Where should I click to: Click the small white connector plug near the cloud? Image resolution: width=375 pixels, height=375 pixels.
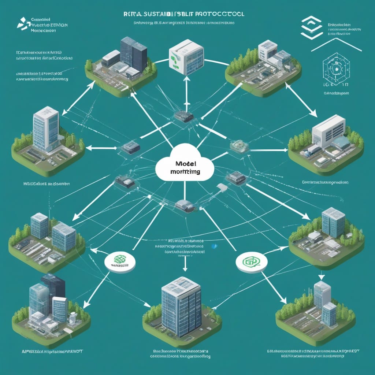pos(222,187)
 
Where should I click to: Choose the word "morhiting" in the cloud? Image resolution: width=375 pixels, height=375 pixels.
pos(185,172)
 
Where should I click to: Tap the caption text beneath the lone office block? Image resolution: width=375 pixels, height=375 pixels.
pos(182,353)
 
